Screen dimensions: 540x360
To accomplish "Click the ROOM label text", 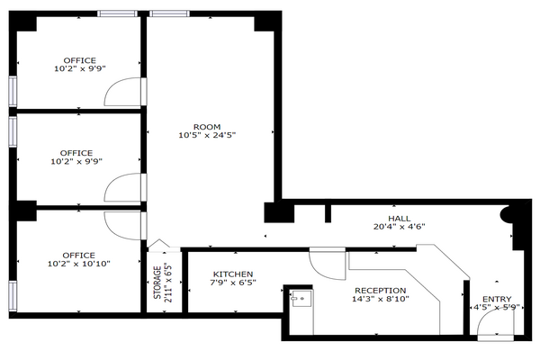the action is (x=207, y=127).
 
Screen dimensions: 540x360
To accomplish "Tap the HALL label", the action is (x=399, y=219).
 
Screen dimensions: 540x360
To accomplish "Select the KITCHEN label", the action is (x=233, y=274).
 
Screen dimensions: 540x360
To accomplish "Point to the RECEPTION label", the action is (x=380, y=291).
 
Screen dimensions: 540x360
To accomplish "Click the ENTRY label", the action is (x=497, y=299).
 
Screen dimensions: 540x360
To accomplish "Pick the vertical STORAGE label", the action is (x=157, y=283).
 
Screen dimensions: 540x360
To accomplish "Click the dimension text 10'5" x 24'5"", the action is (x=207, y=135).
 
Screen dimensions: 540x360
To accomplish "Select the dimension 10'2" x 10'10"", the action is (x=79, y=264).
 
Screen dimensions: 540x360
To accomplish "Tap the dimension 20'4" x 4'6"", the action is (x=399, y=227).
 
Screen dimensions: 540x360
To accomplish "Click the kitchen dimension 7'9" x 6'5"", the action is (x=233, y=283).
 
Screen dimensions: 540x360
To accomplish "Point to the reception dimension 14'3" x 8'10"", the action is (x=380, y=299).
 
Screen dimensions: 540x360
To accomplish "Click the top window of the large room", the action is (x=170, y=13).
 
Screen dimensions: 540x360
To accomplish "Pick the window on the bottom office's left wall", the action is (x=13, y=296).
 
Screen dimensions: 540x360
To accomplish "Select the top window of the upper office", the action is (x=117, y=13).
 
